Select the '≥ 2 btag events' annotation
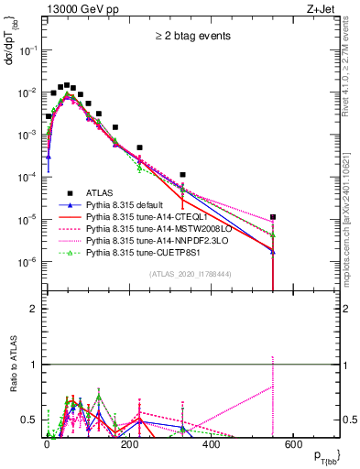[x=191, y=36]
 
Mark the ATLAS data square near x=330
[x=183, y=174]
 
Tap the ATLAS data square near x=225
[x=140, y=147]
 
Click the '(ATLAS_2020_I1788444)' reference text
[x=191, y=274]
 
